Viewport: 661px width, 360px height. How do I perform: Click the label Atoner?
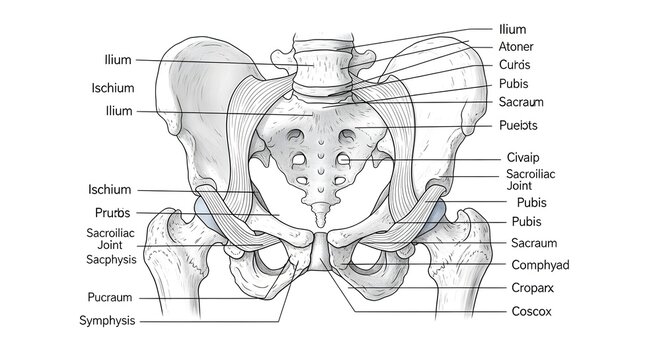(516, 46)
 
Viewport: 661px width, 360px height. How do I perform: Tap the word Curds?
(515, 65)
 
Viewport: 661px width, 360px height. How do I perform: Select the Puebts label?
(518, 125)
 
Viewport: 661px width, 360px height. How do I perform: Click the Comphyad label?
(540, 265)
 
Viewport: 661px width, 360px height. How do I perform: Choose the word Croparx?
(535, 288)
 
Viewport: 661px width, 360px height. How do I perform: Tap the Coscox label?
(532, 311)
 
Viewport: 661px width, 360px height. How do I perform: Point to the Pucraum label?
(111, 297)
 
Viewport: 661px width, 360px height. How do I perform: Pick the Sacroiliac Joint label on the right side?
(532, 179)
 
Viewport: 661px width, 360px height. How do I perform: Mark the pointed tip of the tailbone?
(319, 222)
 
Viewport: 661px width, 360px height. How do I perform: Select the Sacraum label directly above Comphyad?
(534, 243)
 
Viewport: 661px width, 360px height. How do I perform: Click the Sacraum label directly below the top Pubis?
(520, 103)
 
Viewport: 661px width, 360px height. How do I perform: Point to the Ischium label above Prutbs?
(109, 189)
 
